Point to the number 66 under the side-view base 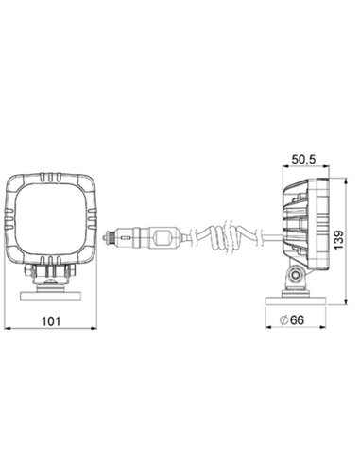[297, 321]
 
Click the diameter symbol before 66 [283, 321]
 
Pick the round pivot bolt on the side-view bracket [295, 276]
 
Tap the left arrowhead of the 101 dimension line [9, 330]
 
